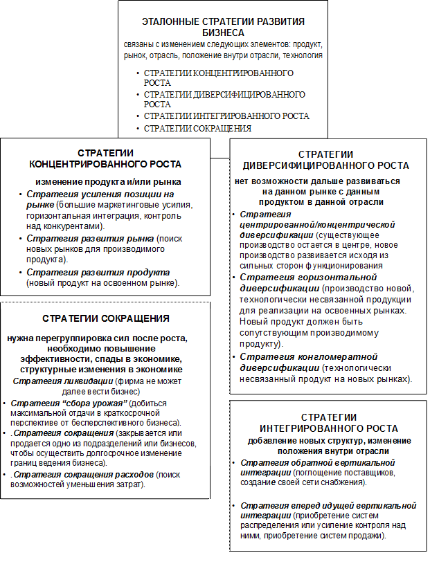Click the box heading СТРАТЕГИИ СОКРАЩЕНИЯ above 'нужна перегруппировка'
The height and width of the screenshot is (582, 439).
coord(106,319)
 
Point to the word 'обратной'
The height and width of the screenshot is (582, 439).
coord(305,462)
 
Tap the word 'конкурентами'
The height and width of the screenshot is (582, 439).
coord(76,226)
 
